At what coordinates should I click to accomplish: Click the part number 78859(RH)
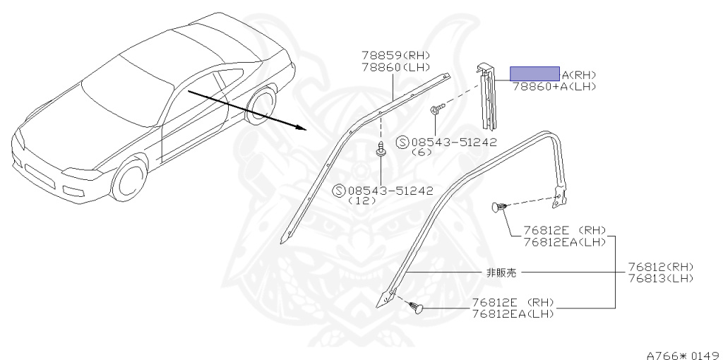click(395, 55)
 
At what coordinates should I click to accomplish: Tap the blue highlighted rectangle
click(534, 74)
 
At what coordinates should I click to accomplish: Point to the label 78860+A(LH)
click(554, 86)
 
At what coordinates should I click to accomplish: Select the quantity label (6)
click(422, 152)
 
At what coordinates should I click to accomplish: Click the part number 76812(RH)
click(661, 267)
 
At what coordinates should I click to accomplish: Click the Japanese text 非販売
click(501, 272)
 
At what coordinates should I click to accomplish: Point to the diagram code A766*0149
click(682, 353)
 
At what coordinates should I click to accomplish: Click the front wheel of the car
click(129, 181)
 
